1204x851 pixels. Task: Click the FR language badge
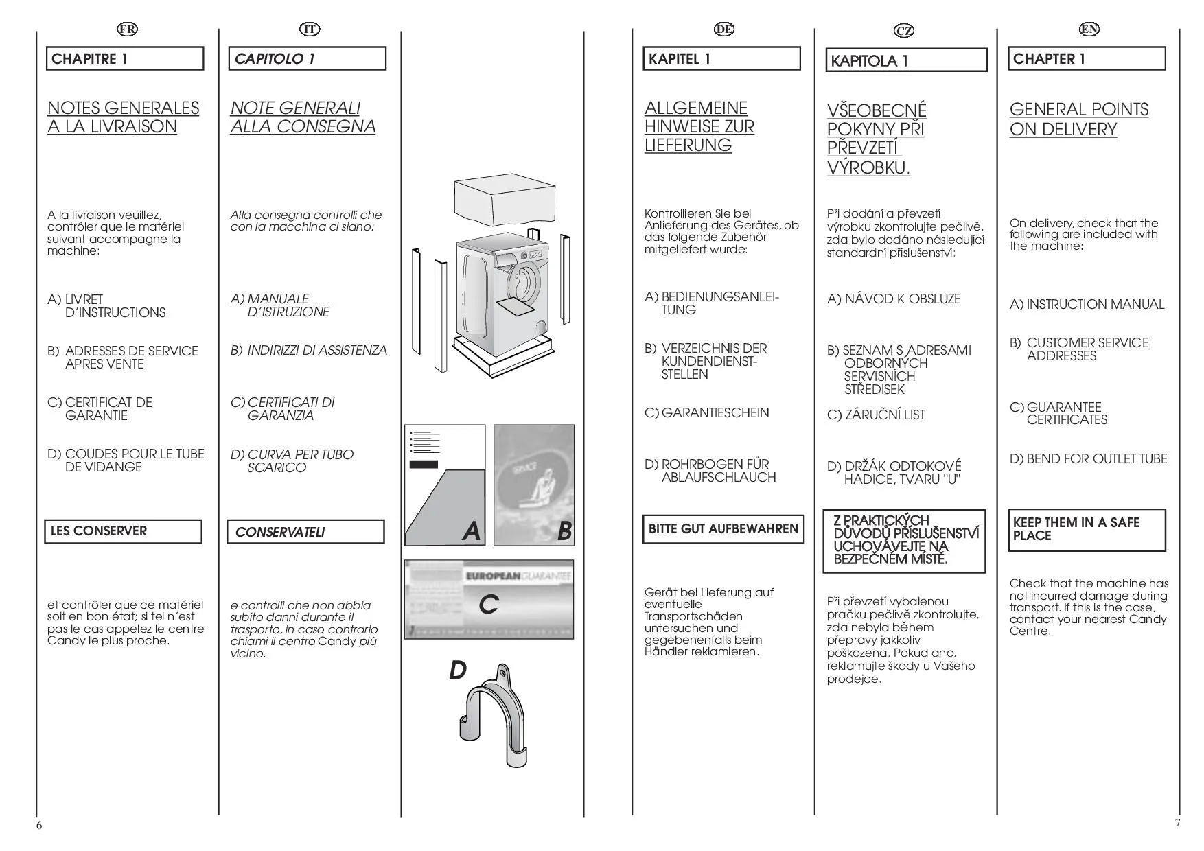coord(127,29)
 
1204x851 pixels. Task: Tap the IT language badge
coord(310,29)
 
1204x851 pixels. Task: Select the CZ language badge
coord(904,31)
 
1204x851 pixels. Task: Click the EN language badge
coord(1089,29)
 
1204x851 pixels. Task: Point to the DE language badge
coord(723,29)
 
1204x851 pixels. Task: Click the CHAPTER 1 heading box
coord(1087,59)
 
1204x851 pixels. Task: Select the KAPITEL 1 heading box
coord(721,59)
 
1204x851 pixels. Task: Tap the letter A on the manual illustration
coord(471,531)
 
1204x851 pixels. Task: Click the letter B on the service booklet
coord(564,531)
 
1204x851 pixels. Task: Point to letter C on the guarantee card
coord(488,605)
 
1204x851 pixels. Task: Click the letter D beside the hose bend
coord(457,671)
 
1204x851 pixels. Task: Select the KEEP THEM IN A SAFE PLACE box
coord(1087,529)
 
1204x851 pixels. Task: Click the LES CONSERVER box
coord(124,531)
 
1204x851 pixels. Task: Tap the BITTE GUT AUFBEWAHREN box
coord(723,529)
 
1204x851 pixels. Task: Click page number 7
coord(1178,823)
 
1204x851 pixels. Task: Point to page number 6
coord(39,826)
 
